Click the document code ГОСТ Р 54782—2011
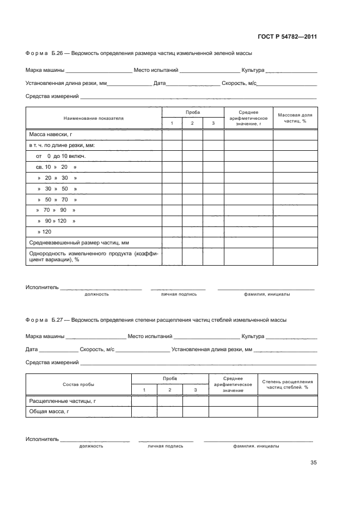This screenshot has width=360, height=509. [x=287, y=37]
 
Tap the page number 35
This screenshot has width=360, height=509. [x=313, y=463]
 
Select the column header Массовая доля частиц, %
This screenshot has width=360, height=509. [x=295, y=118]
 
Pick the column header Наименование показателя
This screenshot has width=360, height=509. [x=94, y=118]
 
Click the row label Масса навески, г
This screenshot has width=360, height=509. [x=51, y=134]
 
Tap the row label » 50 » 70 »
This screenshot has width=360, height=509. [x=57, y=200]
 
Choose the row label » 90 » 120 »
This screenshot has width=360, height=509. [x=56, y=221]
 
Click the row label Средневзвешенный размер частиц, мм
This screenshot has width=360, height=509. [x=78, y=242]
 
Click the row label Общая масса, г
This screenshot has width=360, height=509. [x=49, y=412]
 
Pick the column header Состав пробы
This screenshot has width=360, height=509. [x=78, y=384]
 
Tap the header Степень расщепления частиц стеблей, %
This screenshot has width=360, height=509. [x=288, y=384]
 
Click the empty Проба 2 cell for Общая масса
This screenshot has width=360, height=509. [x=169, y=412]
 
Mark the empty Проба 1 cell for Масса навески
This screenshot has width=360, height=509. [x=172, y=134]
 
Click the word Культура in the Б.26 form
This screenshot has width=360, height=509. [x=253, y=70]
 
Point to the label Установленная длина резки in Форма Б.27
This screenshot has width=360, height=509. [x=211, y=349]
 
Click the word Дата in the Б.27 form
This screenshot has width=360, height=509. [x=32, y=349]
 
